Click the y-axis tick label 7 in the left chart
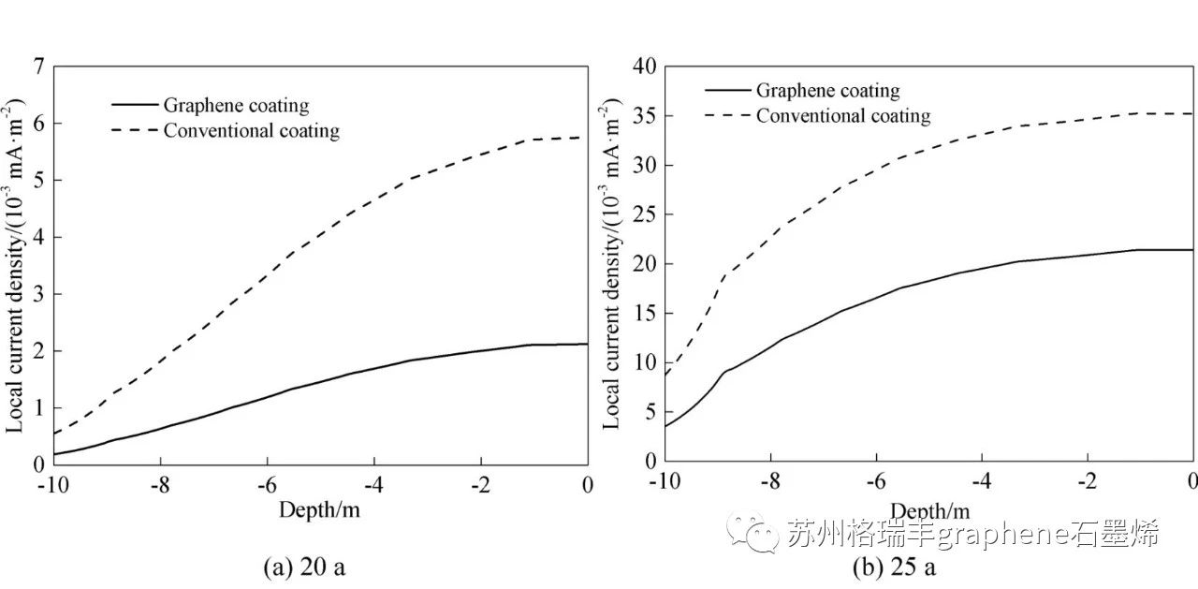click(x=38, y=66)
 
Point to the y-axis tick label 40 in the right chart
click(x=646, y=66)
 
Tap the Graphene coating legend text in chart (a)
click(x=236, y=106)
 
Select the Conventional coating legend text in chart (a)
click(x=251, y=130)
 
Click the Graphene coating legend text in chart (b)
click(x=827, y=91)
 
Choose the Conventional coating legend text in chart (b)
click(x=843, y=116)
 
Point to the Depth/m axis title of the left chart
click(x=319, y=509)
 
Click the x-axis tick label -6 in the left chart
click(x=267, y=485)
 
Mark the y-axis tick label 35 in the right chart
click(x=646, y=116)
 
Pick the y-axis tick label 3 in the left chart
click(x=38, y=294)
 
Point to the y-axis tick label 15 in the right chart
click(x=646, y=314)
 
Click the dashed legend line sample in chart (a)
click(x=132, y=130)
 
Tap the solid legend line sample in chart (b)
click(x=727, y=91)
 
